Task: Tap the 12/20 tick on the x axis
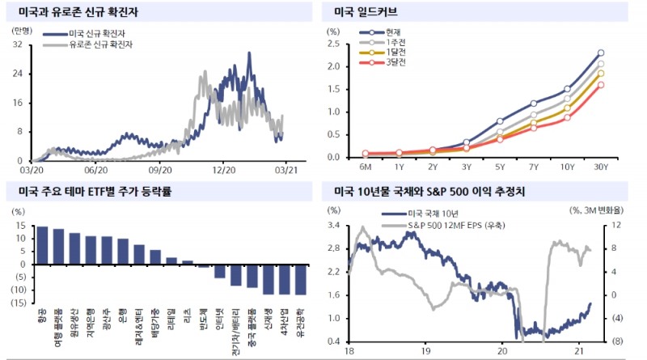pos(224,170)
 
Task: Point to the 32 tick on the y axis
pos(17,44)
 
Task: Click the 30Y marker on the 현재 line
pos(600,53)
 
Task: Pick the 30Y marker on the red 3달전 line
pos(600,84)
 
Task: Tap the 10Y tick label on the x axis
pos(566,167)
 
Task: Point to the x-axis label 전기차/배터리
pos(235,325)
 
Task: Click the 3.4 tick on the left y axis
pos(334,226)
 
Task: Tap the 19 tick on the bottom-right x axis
pos(426,352)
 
